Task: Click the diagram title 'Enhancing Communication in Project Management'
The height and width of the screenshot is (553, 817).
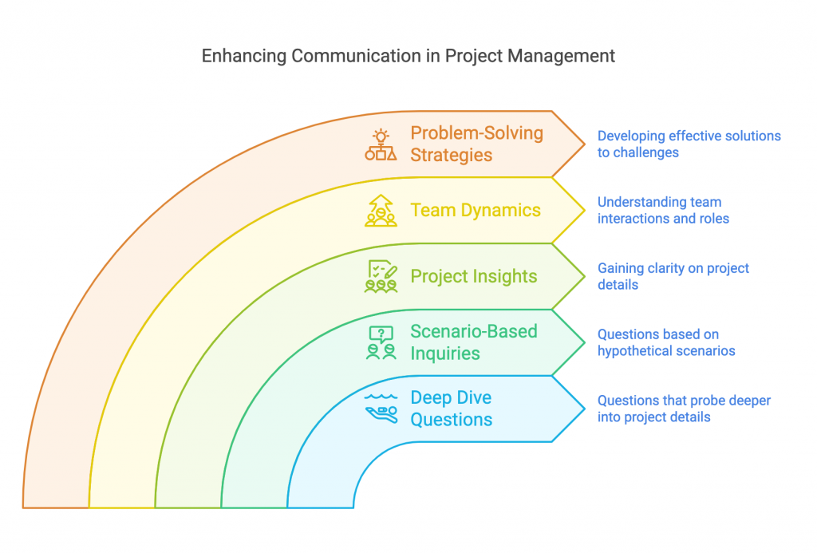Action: (x=408, y=56)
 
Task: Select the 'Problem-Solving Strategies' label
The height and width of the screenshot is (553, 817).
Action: (x=476, y=144)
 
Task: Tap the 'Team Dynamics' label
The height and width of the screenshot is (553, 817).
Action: (x=476, y=210)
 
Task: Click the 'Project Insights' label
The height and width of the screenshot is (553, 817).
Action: (x=473, y=276)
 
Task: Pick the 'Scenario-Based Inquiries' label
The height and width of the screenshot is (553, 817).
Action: (x=473, y=342)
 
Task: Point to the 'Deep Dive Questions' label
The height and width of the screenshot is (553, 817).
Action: (x=451, y=409)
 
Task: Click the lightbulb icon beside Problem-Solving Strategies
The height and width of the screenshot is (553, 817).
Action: (x=381, y=144)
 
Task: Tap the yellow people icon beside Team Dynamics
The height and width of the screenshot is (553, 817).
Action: (x=381, y=211)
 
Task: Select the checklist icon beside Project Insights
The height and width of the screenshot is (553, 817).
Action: (x=381, y=276)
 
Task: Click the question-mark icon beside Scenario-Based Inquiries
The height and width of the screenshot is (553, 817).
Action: (x=381, y=342)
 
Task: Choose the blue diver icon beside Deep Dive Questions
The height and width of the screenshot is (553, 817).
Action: (x=381, y=408)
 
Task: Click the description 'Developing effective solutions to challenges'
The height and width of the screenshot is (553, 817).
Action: (x=689, y=144)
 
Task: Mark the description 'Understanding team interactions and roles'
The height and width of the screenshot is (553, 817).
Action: (x=662, y=210)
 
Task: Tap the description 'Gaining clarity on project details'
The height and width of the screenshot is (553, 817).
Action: (x=673, y=276)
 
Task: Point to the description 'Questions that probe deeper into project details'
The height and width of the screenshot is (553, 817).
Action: (x=684, y=409)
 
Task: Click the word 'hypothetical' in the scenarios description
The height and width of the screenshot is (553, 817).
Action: (x=634, y=350)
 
